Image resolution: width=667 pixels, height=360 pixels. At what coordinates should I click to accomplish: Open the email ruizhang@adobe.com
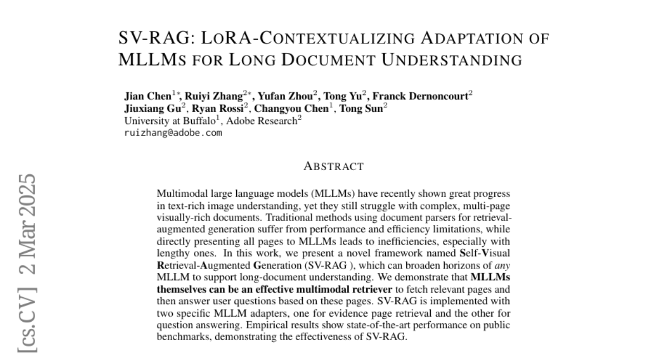pyautogui.click(x=173, y=133)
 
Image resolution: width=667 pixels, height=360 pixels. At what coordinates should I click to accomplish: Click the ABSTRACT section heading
pyautogui.click(x=333, y=166)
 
